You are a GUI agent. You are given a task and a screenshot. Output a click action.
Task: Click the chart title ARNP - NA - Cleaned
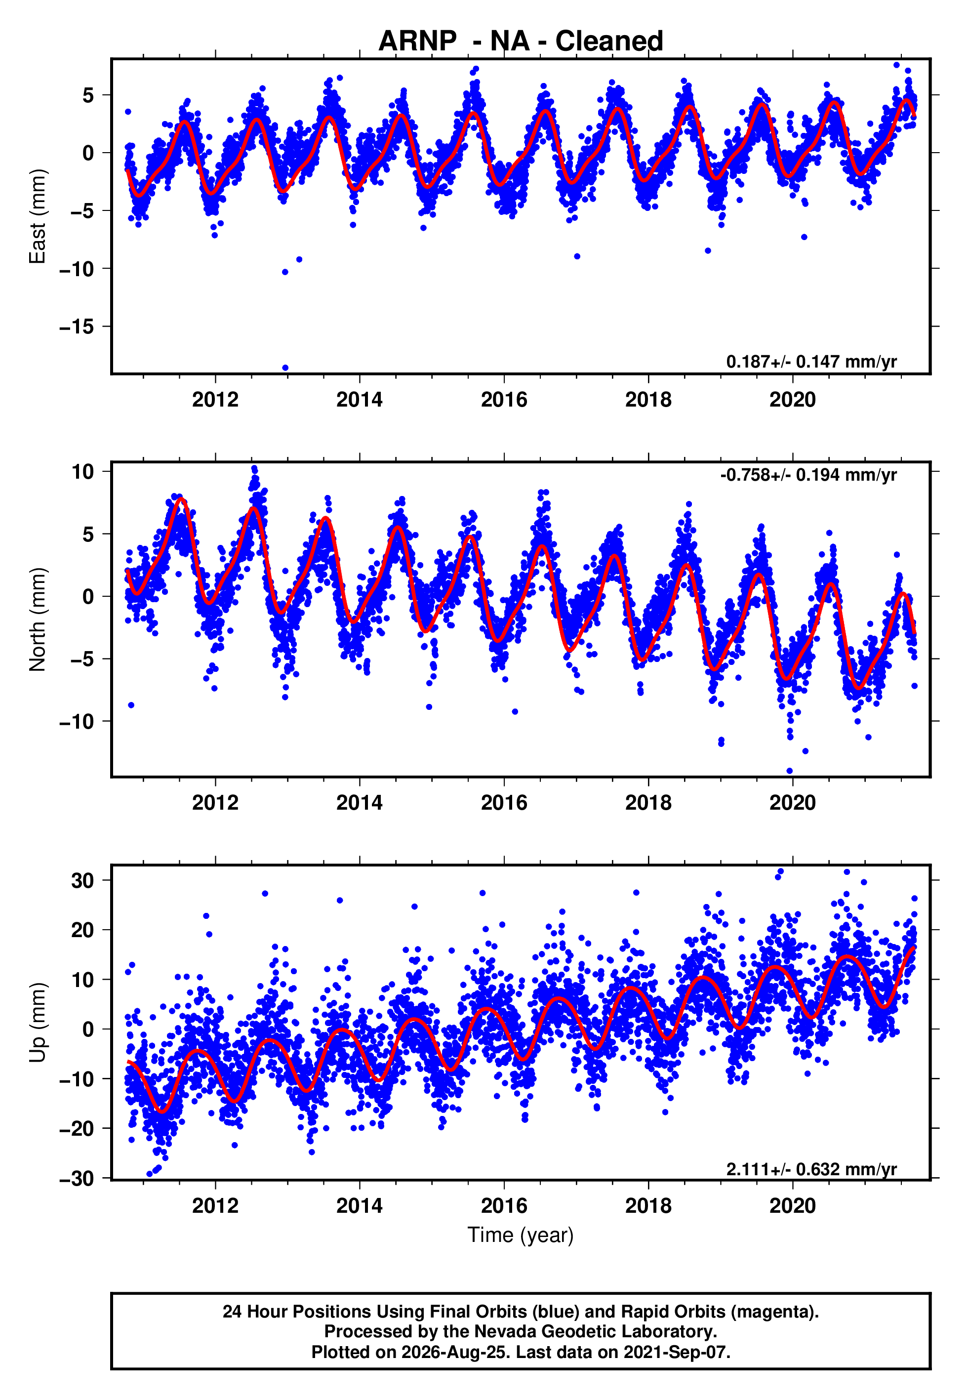pyautogui.click(x=521, y=41)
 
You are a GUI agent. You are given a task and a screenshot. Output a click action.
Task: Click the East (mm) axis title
pyautogui.click(x=38, y=216)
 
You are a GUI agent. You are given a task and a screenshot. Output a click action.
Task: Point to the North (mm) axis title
pyautogui.click(x=38, y=619)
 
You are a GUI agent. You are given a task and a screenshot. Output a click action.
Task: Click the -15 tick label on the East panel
pyautogui.click(x=77, y=327)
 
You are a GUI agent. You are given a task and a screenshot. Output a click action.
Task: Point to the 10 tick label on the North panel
pyautogui.click(x=82, y=471)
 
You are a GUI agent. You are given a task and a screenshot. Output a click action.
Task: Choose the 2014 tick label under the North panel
pyautogui.click(x=360, y=803)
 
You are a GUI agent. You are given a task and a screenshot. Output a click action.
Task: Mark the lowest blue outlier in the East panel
pyautogui.click(x=285, y=368)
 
